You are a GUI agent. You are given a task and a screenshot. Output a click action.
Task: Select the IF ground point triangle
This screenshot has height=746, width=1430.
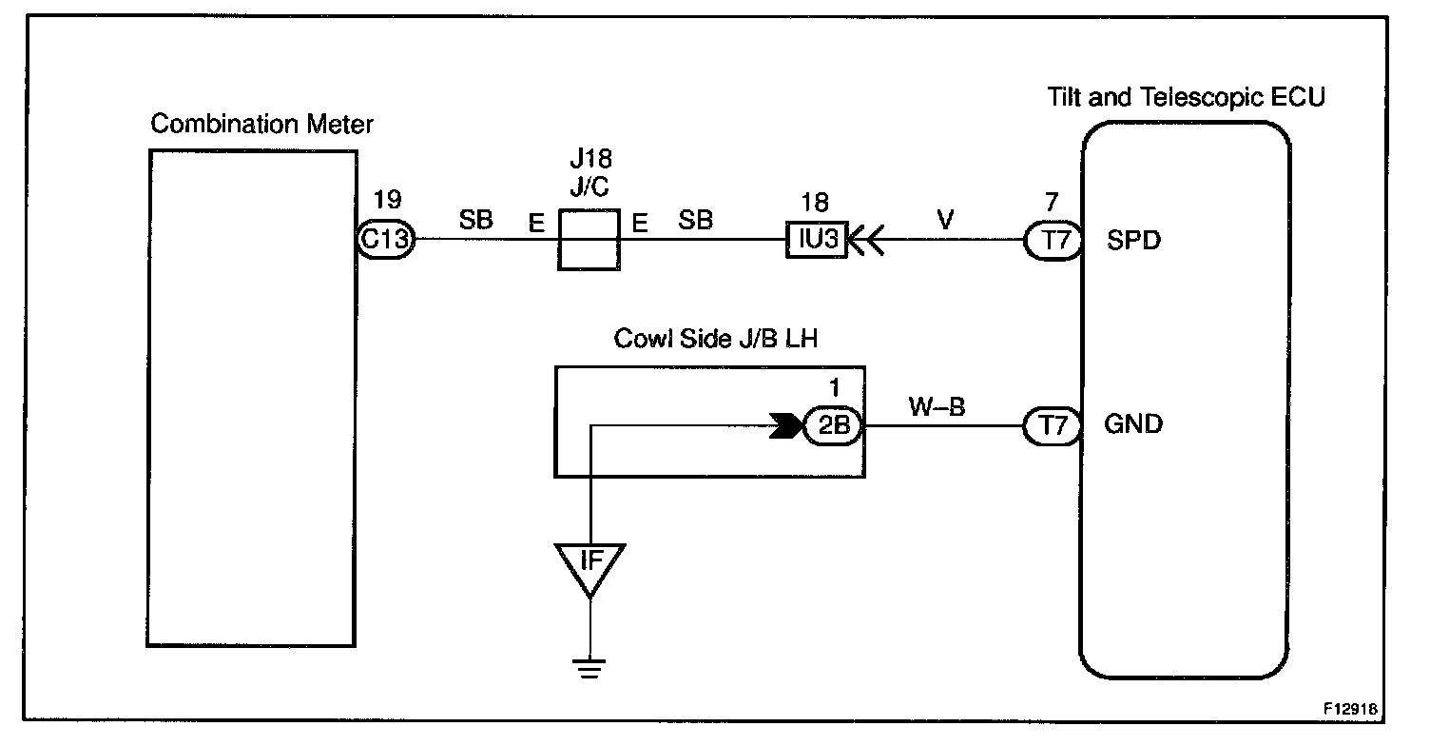point(589,570)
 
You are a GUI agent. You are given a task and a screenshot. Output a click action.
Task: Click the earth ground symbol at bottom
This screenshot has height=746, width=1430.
point(589,668)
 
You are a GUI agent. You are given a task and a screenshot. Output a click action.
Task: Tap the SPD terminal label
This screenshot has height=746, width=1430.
point(1133,241)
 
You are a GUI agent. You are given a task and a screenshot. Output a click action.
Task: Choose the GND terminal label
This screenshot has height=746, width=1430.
point(1133,424)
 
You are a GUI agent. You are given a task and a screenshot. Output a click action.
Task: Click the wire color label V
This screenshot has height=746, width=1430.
point(945,220)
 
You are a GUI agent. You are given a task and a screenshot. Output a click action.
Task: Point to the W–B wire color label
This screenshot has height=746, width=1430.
point(937,406)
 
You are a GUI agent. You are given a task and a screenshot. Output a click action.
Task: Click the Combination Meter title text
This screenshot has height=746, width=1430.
point(261,124)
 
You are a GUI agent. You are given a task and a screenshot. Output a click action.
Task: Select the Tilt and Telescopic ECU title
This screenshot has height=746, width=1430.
point(1187,97)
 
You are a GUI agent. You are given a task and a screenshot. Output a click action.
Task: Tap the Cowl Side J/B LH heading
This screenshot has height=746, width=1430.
point(716,339)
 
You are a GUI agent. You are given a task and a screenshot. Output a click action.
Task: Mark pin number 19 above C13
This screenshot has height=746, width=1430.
point(388,200)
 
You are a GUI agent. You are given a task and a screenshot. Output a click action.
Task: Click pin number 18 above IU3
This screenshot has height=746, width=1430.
point(815,203)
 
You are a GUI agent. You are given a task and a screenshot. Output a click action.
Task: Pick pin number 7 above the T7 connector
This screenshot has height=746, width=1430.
point(1052,203)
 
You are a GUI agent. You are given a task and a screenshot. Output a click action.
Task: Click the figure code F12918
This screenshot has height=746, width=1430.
point(1350,709)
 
